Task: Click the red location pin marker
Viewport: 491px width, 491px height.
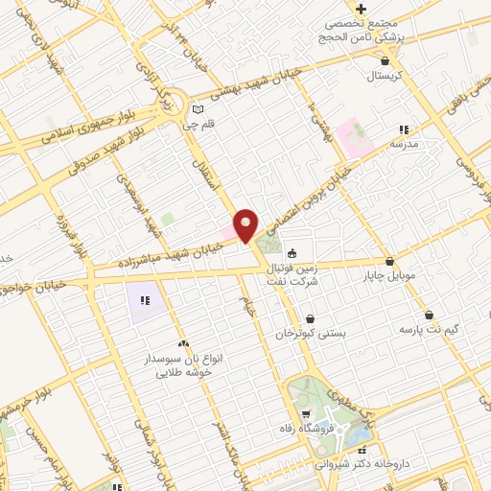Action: (x=246, y=225)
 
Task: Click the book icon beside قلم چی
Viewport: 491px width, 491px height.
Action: (x=196, y=108)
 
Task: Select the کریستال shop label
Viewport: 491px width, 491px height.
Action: (x=368, y=74)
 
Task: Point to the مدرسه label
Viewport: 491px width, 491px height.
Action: (x=404, y=144)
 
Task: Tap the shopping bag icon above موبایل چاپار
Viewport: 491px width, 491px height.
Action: (x=388, y=261)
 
